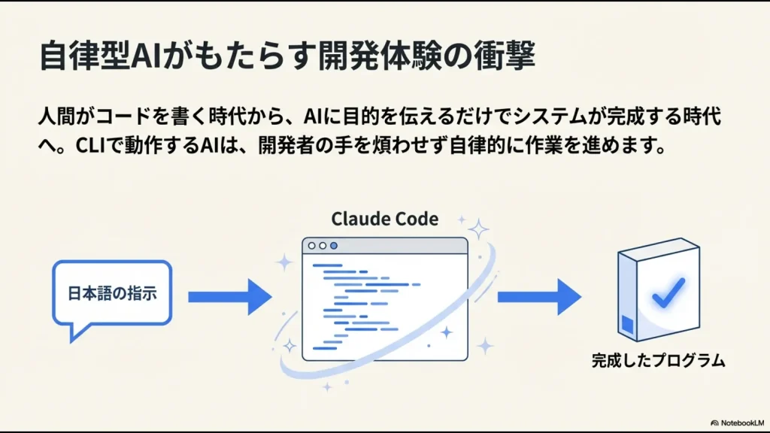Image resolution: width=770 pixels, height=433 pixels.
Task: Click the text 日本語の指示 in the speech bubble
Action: [x=113, y=293]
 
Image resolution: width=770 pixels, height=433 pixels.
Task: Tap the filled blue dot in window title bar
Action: [x=334, y=246]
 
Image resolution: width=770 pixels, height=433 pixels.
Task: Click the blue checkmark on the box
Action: [x=667, y=292]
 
